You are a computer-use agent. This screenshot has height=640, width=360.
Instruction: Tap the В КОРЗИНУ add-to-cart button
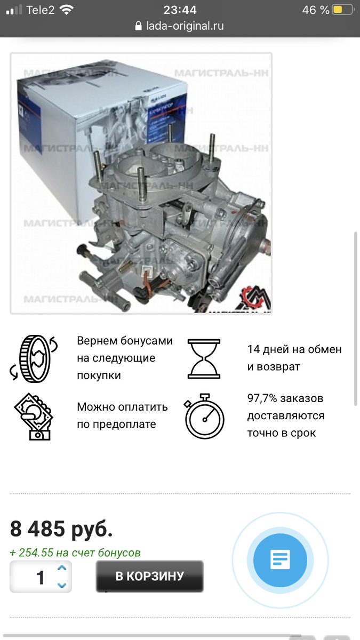click(149, 576)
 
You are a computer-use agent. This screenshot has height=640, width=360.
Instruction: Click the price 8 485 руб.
click(61, 529)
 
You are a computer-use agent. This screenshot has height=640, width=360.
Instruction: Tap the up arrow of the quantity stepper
click(62, 569)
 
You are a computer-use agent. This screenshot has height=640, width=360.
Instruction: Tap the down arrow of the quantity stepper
click(62, 585)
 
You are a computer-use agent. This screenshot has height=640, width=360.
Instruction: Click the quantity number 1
click(40, 577)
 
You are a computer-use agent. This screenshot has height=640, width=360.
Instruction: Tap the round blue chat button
click(280, 560)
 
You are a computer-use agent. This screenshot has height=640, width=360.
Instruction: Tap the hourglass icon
click(204, 358)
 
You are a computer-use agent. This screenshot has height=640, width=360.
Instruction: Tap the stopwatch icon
click(204, 416)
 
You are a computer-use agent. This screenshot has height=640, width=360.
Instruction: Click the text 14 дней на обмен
click(294, 350)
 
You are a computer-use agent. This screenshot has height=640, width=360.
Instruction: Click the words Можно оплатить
click(122, 407)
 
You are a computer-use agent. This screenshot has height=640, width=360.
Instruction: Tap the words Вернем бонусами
click(124, 341)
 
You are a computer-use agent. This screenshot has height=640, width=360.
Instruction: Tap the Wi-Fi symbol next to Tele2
click(67, 10)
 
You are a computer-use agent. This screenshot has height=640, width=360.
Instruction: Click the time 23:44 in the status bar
click(180, 10)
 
